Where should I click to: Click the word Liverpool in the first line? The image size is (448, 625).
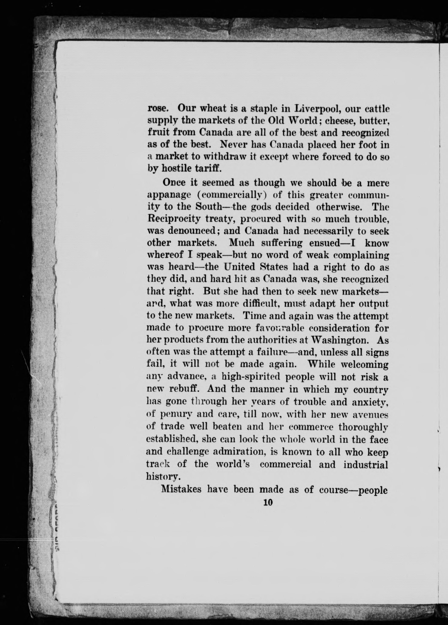point(318,108)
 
